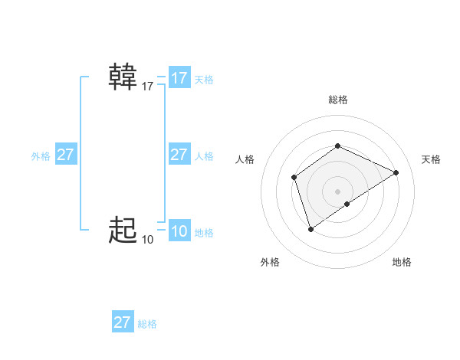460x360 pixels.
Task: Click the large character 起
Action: tap(123, 230)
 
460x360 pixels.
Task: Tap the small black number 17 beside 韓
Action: tap(148, 87)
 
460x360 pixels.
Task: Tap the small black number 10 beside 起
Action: tap(148, 240)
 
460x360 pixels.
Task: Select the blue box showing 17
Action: tap(179, 78)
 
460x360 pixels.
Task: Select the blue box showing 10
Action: tap(179, 231)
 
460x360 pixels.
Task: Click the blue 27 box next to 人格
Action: tap(179, 155)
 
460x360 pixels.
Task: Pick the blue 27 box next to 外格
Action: tap(66, 155)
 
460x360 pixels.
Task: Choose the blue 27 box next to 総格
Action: tap(123, 322)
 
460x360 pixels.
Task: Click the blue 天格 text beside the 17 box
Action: tap(204, 79)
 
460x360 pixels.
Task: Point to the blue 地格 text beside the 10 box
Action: tap(204, 232)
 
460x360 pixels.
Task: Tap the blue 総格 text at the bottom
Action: tap(147, 323)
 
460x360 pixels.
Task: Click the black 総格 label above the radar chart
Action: tap(338, 100)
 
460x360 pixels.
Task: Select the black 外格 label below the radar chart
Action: tap(270, 262)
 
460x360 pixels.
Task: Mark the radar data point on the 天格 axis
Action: tap(396, 172)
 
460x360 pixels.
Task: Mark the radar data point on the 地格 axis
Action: tap(347, 204)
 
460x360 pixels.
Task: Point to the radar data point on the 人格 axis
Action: tap(294, 178)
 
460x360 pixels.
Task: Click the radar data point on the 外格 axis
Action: tap(310, 228)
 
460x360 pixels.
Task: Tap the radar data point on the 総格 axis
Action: tap(337, 146)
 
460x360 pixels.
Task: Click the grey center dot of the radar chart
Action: tap(337, 191)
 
